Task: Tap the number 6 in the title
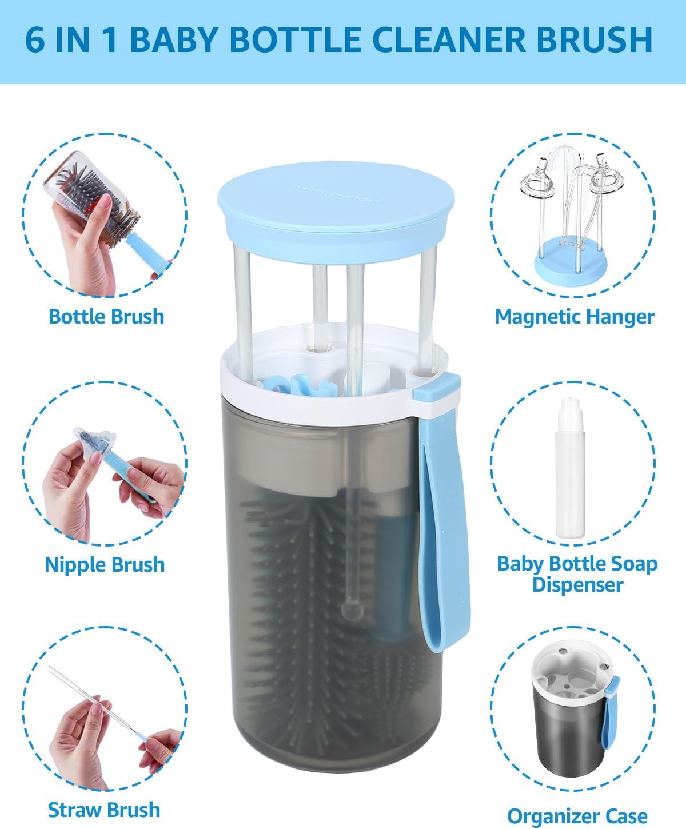(x=35, y=39)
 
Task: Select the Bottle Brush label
(x=106, y=316)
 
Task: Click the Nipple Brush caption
(x=105, y=565)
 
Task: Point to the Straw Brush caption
(x=103, y=810)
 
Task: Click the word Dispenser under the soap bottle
(x=577, y=585)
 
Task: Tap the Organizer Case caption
(x=577, y=816)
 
